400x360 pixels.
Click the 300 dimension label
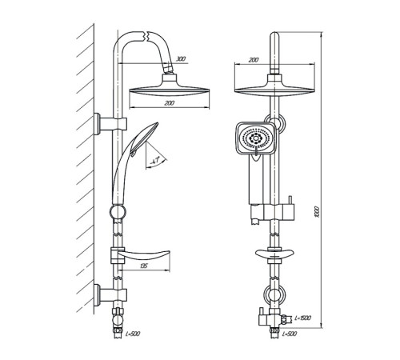[181, 59]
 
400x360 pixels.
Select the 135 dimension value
[143, 266]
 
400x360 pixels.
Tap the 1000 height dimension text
[317, 211]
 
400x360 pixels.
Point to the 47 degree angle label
[154, 161]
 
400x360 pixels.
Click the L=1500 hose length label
[302, 318]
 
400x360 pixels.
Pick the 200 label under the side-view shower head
[170, 103]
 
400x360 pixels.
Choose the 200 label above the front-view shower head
[254, 60]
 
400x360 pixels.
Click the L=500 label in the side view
[132, 334]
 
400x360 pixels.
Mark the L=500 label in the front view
[289, 334]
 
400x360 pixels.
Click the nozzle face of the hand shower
[256, 138]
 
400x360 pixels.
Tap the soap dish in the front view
[274, 254]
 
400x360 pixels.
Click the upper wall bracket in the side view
[110, 124]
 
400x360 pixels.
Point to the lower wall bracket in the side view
[110, 294]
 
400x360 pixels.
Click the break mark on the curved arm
[146, 37]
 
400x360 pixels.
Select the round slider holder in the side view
[118, 212]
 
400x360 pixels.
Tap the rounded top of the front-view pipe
[274, 35]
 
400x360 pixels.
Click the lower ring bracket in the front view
[274, 295]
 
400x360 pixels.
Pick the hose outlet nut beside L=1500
[286, 318]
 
